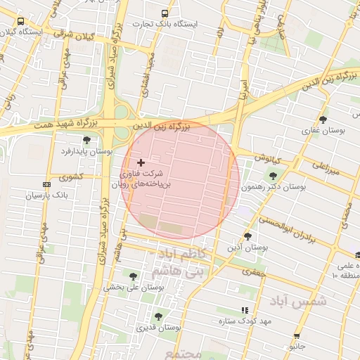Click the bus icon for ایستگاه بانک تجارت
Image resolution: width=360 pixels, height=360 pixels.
tap(165, 13)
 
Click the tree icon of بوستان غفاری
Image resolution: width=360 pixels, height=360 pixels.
tap(323, 120)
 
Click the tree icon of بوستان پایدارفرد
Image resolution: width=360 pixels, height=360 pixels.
tap(86, 140)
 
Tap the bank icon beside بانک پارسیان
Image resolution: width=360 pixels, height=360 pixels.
tap(46, 184)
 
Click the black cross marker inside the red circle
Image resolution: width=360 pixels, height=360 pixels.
tap(141, 162)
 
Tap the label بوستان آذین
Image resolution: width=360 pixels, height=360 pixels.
tap(247, 247)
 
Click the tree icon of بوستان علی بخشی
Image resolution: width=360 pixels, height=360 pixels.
tap(133, 276)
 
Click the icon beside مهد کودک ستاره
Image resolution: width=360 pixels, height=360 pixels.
tap(245, 310)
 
